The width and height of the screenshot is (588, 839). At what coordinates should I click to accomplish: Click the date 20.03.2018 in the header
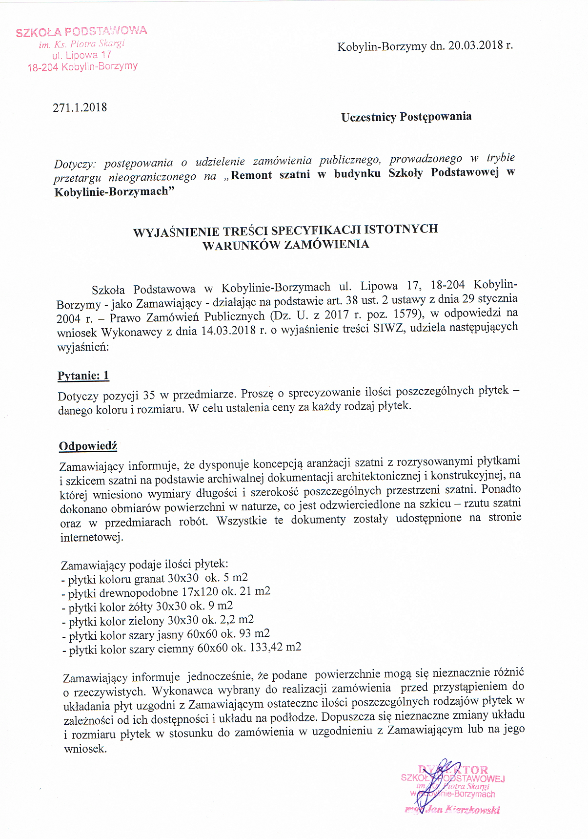coord(476,46)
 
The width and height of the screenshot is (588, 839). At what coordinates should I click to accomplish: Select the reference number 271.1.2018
coord(80,108)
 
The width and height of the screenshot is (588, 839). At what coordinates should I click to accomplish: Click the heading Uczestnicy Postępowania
coord(406,117)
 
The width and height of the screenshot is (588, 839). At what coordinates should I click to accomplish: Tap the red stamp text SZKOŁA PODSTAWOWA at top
coord(81,32)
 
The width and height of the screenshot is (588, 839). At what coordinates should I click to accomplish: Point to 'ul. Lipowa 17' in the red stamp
coord(81,55)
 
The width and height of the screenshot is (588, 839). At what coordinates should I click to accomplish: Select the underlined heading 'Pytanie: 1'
coord(83,376)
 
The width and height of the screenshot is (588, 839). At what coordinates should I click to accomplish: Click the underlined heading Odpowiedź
coord(88,446)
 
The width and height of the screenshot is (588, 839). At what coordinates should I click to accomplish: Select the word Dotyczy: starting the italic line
coord(75,164)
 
